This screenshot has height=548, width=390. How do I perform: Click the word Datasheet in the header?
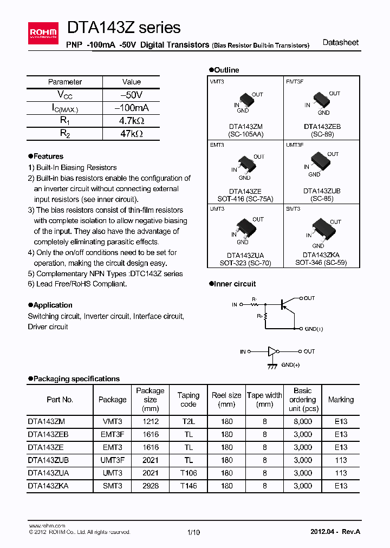pos(340,43)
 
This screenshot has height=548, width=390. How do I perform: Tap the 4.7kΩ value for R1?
pos(131,120)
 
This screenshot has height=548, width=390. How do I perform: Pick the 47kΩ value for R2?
pos(131,133)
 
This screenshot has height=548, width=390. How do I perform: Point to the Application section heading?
pos(50,305)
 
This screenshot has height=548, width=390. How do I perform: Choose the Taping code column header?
pos(188,400)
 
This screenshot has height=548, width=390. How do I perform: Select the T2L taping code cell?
pos(188,421)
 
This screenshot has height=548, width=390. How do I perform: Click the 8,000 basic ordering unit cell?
pos(302,421)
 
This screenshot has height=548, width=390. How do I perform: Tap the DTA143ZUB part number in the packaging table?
pos(48,460)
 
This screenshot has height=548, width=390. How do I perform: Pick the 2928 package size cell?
pos(150,486)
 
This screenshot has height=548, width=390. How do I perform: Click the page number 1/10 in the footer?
pos(193,532)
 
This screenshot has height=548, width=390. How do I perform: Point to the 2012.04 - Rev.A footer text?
pos(335,532)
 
